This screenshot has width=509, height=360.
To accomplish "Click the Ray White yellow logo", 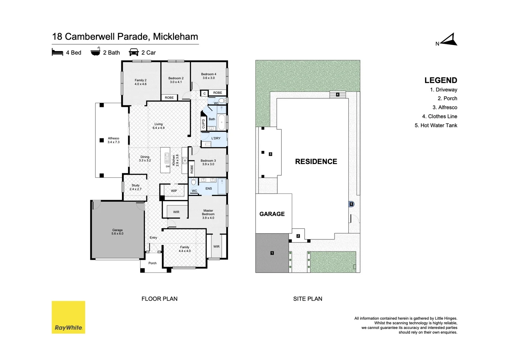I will coord(68,317).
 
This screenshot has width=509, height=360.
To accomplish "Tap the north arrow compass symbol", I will coord(449,40).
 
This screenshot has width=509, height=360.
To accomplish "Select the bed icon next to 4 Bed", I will coord(57,52).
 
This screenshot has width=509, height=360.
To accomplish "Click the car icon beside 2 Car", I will coord(134,52).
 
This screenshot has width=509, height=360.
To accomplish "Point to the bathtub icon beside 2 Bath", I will coord(95,52).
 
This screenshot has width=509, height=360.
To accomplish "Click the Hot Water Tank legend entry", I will coord(436,125).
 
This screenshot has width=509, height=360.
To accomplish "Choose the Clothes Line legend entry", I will coord(439,116).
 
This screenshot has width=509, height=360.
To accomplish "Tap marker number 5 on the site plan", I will coord(351,204).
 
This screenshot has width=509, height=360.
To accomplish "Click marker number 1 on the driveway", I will coord(272,253).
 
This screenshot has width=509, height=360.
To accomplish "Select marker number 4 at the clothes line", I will coord(337,95).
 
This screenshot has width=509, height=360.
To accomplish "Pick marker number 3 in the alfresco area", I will coord(270,154).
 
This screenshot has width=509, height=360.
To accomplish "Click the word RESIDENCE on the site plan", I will coord(316,162).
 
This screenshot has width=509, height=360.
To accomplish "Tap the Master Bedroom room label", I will coord(208,214).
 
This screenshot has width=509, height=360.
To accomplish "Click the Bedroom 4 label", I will coord(209,76).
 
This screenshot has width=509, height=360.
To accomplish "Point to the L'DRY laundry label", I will coord(216,138).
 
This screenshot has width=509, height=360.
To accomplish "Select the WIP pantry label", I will coord(174,191).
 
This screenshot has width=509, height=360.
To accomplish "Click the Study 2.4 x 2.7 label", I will coord(135,187).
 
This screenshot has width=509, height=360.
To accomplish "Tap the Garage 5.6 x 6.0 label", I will coord(117,232).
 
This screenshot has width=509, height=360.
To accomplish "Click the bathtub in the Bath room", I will coord(221,122).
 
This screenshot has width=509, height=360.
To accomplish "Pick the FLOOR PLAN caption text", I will coord(159,299).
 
